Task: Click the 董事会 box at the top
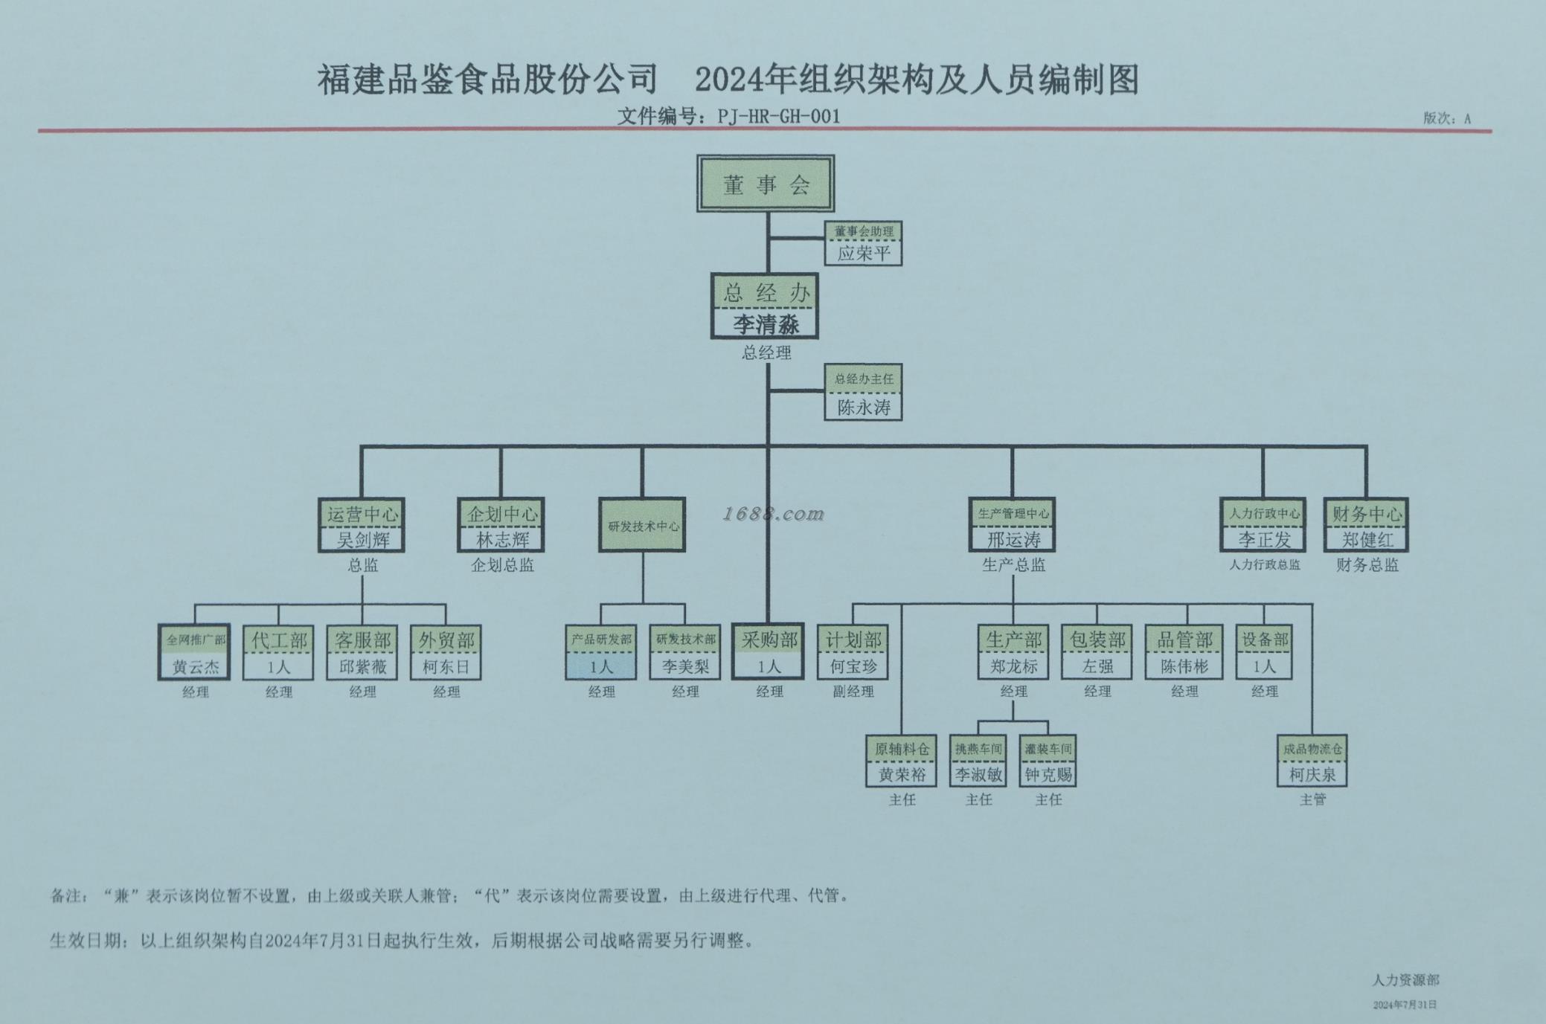click(765, 184)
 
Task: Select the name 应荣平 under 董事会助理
click(863, 254)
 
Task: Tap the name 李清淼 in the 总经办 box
click(766, 324)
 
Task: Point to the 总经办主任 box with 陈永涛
click(863, 393)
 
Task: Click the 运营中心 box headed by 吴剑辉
click(362, 525)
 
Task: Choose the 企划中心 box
click(501, 525)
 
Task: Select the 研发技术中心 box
click(642, 525)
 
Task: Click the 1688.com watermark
click(774, 513)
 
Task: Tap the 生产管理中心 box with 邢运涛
click(1013, 525)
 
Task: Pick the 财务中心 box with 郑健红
click(1366, 525)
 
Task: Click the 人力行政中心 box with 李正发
click(1263, 525)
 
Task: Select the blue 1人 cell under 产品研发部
click(601, 666)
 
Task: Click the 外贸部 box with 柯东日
click(446, 652)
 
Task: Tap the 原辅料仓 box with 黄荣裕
click(901, 761)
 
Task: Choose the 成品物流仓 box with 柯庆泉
click(1312, 761)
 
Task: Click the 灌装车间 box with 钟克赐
click(1048, 761)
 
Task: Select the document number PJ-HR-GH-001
click(778, 117)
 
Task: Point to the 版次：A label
click(1446, 118)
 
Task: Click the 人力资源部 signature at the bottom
click(1405, 980)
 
